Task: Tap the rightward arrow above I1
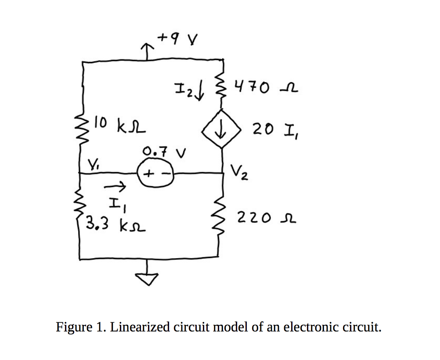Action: [x=115, y=188]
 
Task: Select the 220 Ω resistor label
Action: [x=266, y=217]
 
